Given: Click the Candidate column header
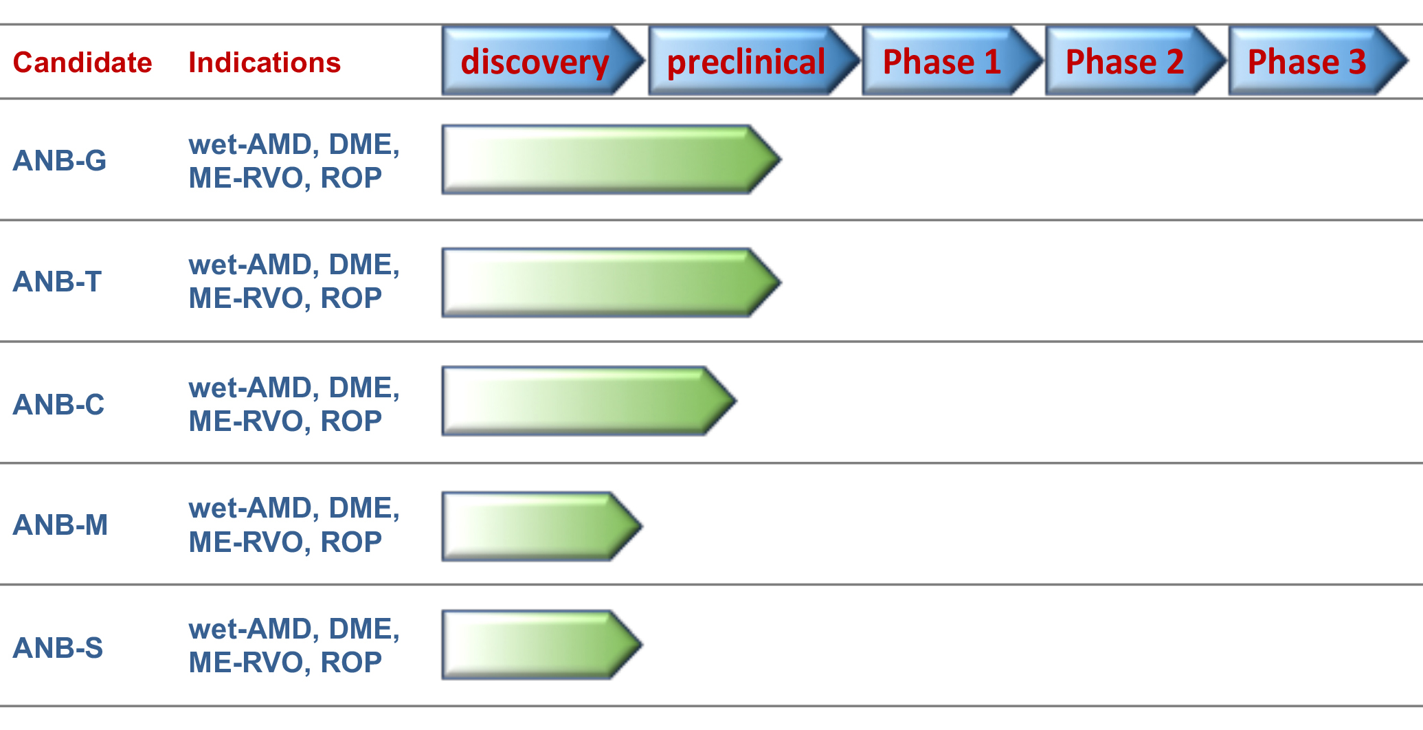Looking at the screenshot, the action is pos(82,63).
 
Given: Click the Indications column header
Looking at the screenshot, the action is pos(265,63).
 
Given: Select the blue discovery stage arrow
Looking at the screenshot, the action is pos(544,60).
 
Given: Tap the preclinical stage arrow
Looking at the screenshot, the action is pos(754,60).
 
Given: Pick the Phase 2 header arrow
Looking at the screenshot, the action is pos(1136,60).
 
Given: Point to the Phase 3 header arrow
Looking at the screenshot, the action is pos(1319,60).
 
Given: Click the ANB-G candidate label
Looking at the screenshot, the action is pos(60,161).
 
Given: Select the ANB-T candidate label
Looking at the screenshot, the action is pos(57,282).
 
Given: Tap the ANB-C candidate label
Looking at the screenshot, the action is pos(58,405).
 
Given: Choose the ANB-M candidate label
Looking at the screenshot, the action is pos(60,525).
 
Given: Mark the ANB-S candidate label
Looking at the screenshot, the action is pos(58,648).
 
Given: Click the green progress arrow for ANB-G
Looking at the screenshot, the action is pos(612,159).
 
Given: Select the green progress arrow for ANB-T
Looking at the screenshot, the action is pos(612,283).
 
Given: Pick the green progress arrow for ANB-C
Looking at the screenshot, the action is pos(590,401).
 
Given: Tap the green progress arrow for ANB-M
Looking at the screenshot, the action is pos(542,527).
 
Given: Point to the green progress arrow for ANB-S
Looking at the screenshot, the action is pos(542,645).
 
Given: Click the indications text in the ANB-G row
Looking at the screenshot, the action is pos(294,161).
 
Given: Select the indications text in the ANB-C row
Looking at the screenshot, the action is pos(294,404).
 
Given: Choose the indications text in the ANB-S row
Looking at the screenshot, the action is pos(294,645).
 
